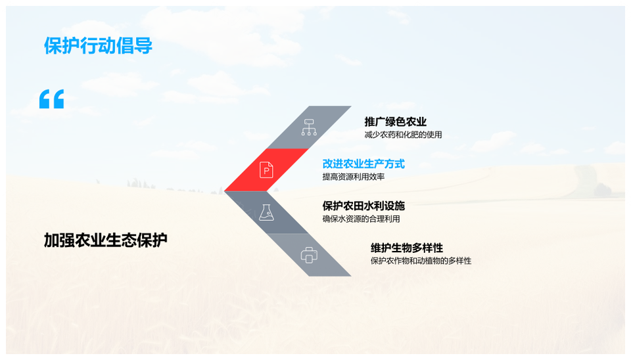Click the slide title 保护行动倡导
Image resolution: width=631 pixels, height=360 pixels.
coord(98,47)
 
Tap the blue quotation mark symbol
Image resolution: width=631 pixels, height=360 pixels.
coord(51,99)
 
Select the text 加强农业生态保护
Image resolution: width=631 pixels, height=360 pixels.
coord(105,240)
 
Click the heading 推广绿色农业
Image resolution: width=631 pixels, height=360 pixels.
coord(396,122)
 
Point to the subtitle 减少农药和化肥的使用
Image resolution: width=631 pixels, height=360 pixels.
coord(403,135)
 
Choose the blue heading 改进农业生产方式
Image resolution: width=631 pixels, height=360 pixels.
coord(363,164)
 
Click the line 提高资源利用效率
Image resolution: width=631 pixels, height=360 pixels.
coord(354,177)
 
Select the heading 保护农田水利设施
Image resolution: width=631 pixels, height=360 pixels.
coord(363,206)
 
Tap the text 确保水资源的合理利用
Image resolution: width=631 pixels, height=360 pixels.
coord(361,219)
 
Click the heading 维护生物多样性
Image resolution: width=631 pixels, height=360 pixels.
coord(407,248)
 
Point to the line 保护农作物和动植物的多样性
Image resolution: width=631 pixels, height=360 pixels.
coord(421,261)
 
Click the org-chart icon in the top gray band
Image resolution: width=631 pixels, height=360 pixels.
coord(309,127)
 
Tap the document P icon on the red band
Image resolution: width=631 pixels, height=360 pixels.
coord(266,170)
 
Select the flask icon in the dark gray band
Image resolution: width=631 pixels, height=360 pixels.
coord(266,212)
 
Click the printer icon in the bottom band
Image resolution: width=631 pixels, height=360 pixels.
coord(309,255)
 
